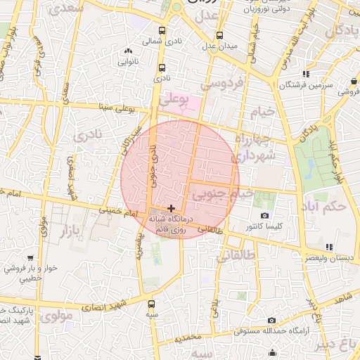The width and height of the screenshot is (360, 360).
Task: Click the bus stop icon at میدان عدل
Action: (219, 34)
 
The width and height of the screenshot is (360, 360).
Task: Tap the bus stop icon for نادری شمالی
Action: (162, 30)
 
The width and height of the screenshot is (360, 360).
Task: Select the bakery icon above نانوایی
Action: (127, 51)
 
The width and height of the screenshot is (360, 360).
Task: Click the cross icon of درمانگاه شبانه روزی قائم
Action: (171, 208)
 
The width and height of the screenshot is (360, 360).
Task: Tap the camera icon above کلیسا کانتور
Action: (264, 215)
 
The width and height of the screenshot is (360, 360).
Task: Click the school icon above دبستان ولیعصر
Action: (329, 246)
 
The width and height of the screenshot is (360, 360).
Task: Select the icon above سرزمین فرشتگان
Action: (305, 74)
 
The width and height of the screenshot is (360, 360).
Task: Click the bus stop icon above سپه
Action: (151, 304)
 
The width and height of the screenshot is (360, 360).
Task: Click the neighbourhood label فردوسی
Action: (222, 84)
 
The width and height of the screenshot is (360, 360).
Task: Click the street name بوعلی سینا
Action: (116, 108)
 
